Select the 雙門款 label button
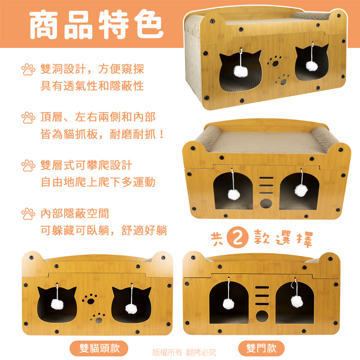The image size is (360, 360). (x=261, y=348)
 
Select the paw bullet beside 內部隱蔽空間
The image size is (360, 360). (x=28, y=215)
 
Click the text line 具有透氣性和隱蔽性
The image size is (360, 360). (x=92, y=86)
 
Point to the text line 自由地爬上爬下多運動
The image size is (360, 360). (x=98, y=183)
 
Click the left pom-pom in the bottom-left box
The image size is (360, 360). (x=57, y=304)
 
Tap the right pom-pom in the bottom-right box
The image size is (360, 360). (x=297, y=301)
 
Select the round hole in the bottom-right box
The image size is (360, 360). (x=262, y=317)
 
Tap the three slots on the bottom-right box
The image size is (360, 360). (x=262, y=295)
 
